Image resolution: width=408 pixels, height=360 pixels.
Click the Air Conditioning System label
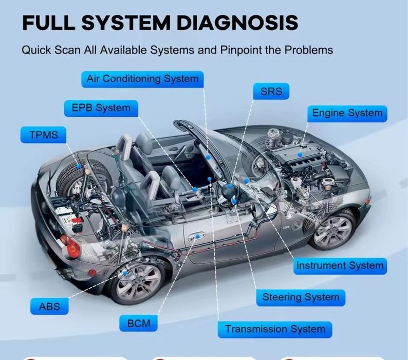(142, 79)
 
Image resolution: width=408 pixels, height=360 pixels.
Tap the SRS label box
(271, 92)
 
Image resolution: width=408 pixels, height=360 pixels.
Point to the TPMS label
(40, 135)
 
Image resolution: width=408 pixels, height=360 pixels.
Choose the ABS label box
(49, 307)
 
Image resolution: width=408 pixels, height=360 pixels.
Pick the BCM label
(138, 323)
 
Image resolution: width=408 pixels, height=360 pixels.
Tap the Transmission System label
(275, 329)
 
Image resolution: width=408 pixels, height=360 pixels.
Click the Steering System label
(301, 297)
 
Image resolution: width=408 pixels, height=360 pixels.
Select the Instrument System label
(339, 266)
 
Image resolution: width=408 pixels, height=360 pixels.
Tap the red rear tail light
(71, 249)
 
